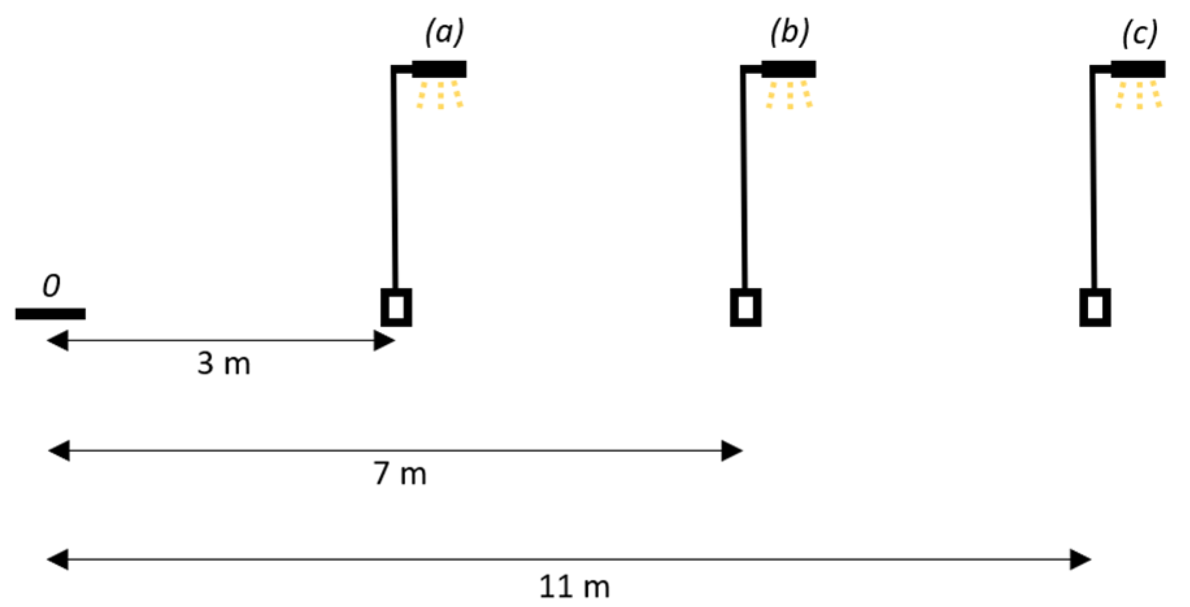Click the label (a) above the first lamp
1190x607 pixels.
pyautogui.click(x=444, y=32)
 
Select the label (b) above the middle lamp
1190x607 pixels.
pyautogui.click(x=790, y=32)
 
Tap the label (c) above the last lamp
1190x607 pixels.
pyautogui.click(x=1140, y=33)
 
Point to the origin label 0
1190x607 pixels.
pyautogui.click(x=51, y=286)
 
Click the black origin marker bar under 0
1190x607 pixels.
pyautogui.click(x=51, y=314)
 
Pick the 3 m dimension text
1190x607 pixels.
pyautogui.click(x=224, y=364)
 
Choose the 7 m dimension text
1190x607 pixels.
pyautogui.click(x=400, y=474)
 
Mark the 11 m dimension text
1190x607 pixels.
pyautogui.click(x=574, y=587)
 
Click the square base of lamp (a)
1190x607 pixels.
pyautogui.click(x=396, y=307)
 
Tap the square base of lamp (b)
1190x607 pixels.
pyautogui.click(x=746, y=307)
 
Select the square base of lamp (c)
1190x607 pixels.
pyautogui.click(x=1095, y=307)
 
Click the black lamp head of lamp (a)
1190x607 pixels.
pyautogui.click(x=439, y=69)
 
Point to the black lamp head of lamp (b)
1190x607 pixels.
pyautogui.click(x=788, y=69)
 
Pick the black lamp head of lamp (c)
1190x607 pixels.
pyautogui.click(x=1138, y=69)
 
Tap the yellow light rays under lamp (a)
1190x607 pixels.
pyautogui.click(x=440, y=95)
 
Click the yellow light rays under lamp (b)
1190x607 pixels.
pyautogui.click(x=789, y=95)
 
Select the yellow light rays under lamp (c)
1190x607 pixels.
pyautogui.click(x=1139, y=95)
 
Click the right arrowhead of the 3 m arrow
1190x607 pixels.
pyautogui.click(x=385, y=340)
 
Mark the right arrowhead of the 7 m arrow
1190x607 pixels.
pyautogui.click(x=733, y=451)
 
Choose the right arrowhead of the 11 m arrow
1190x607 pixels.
pyautogui.click(x=1081, y=559)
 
